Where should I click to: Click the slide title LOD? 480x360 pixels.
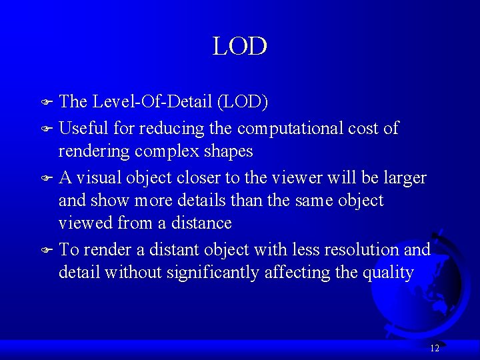click(240, 46)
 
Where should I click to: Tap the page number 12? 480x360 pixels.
click(435, 348)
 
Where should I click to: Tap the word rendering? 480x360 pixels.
click(94, 151)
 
